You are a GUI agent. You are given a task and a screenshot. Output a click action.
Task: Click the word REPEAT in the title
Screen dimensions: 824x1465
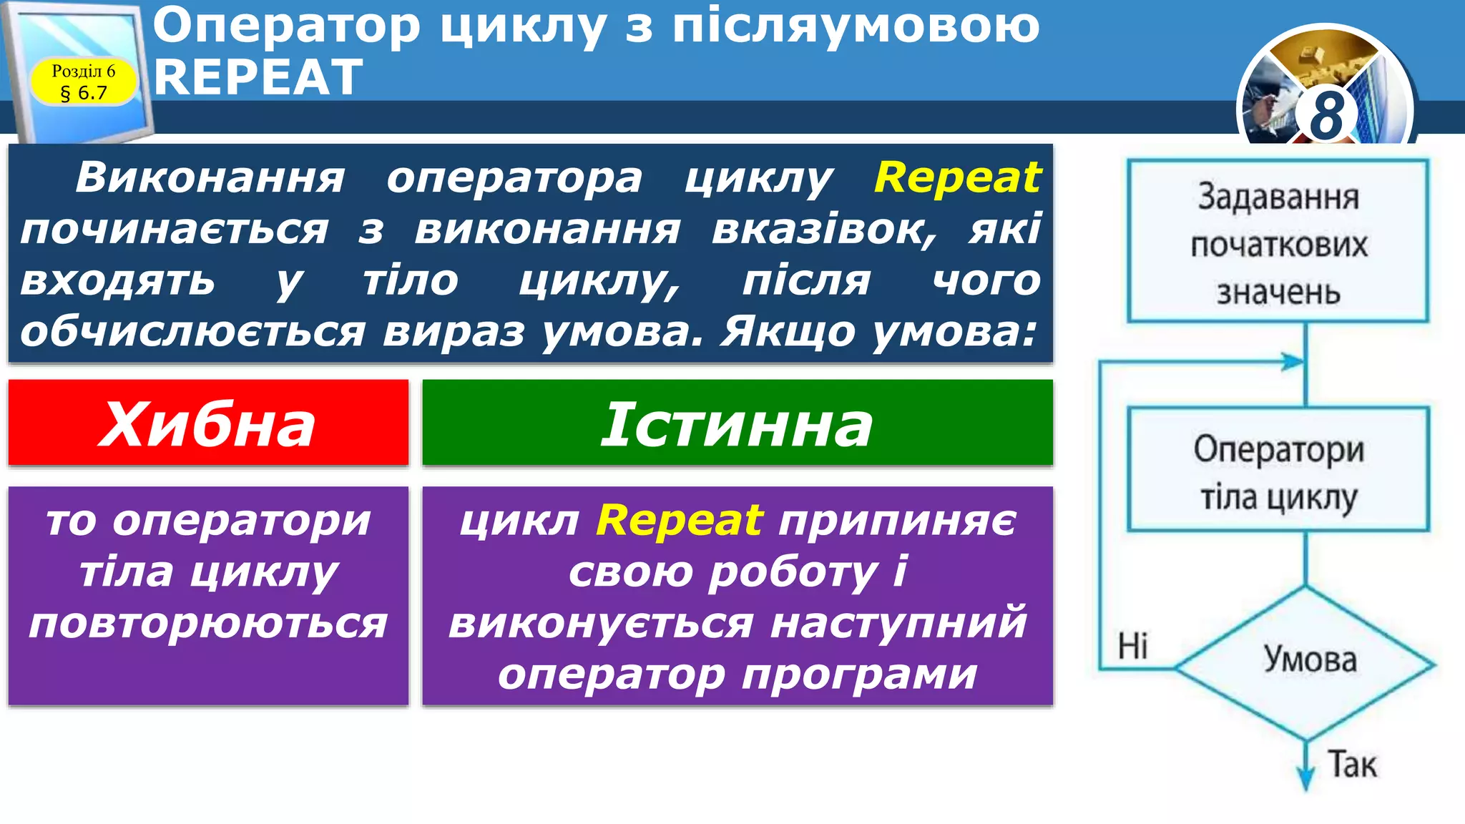point(258,77)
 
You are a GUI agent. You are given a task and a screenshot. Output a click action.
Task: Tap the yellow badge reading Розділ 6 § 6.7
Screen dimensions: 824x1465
point(83,82)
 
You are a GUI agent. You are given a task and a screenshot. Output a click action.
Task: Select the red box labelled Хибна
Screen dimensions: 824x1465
point(208,423)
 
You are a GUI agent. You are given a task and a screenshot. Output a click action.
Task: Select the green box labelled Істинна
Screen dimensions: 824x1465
point(737,423)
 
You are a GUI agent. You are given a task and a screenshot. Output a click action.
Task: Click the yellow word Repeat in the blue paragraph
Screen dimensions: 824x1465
point(957,177)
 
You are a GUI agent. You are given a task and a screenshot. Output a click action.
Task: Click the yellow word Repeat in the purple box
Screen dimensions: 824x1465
point(680,520)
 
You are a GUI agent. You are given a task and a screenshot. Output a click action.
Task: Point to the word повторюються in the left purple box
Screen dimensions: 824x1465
point(208,623)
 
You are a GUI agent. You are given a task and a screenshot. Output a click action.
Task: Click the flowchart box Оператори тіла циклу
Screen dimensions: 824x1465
point(1278,470)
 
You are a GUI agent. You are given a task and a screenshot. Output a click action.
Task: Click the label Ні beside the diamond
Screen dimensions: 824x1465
point(1132,646)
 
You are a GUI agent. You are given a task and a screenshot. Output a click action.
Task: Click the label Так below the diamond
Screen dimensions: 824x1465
point(1352,765)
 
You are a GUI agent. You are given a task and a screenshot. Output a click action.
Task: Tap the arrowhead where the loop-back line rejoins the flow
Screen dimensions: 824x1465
point(1293,362)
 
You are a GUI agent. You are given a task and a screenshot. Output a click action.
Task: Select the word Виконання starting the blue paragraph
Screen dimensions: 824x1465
point(210,177)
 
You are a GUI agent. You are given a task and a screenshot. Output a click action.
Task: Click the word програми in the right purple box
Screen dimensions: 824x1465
point(859,674)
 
